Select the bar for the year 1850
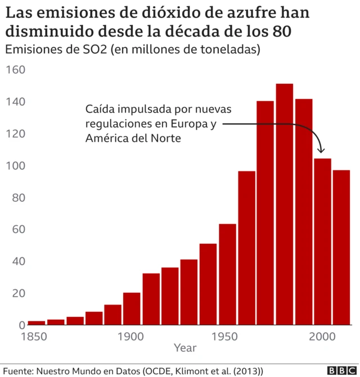click(36, 323)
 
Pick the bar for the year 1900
click(132, 308)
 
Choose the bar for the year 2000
click(322, 242)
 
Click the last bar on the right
click(341, 247)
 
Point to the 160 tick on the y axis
click(16, 70)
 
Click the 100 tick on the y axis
click(16, 166)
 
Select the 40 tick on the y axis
click(19, 261)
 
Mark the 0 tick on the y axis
click(22, 325)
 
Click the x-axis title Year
click(185, 348)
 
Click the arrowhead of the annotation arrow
click(321, 151)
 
